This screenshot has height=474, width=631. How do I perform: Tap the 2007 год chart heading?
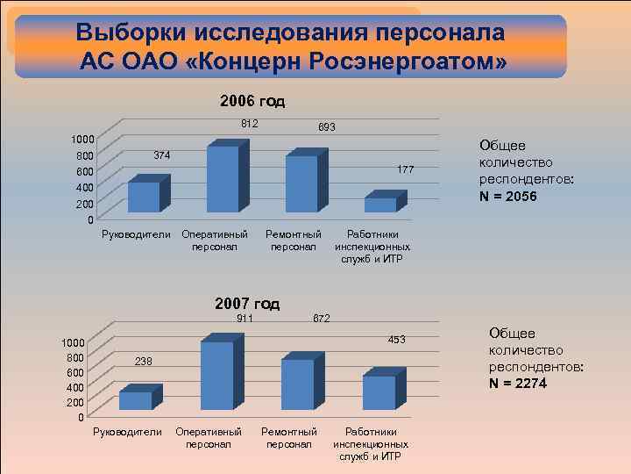coord(247,304)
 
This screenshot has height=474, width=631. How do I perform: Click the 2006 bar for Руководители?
coord(144,197)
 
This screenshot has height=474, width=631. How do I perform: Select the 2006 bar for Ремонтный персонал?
coord(301,183)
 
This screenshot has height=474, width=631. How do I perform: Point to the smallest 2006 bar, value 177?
coord(380,205)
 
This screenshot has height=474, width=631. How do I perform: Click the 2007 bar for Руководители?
coord(136,400)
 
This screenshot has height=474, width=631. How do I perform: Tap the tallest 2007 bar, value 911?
coord(216,376)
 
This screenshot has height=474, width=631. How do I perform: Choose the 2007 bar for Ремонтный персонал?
coord(297,384)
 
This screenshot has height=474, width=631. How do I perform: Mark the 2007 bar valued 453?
coord(379,392)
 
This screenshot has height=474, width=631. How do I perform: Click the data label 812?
coord(250,124)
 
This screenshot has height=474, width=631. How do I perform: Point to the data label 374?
coord(162,155)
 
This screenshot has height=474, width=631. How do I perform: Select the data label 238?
coord(143,362)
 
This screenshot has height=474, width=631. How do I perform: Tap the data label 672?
coord(322,319)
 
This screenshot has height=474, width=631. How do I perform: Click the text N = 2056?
coord(508,196)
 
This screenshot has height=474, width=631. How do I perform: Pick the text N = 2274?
coord(518,383)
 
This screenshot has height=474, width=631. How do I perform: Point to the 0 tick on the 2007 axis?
coord(80,417)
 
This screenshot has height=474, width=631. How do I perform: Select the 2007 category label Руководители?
coord(127,432)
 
